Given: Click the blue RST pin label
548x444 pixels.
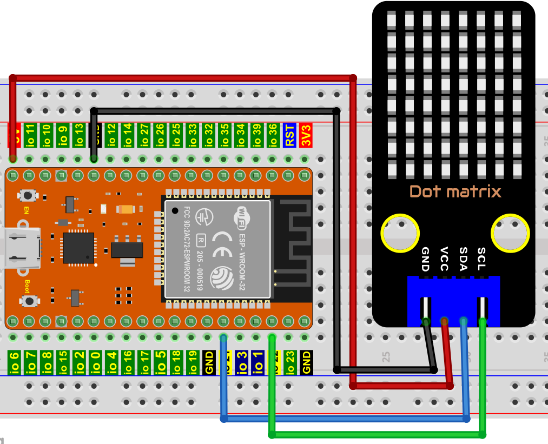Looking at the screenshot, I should pyautogui.click(x=290, y=135).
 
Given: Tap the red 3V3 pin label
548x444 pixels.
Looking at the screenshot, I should pyautogui.click(x=306, y=135).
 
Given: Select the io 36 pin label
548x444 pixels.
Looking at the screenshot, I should pyautogui.click(x=274, y=135).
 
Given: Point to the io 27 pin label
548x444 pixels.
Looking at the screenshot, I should pyautogui.click(x=144, y=135).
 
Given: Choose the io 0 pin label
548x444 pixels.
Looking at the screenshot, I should pyautogui.click(x=95, y=362).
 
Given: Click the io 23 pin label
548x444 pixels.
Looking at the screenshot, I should pyautogui.click(x=290, y=362).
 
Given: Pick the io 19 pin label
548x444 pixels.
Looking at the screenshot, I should pyautogui.click(x=193, y=362).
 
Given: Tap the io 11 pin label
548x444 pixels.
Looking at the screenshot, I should pyautogui.click(x=30, y=135).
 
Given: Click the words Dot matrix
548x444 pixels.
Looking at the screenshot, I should pyautogui.click(x=455, y=191).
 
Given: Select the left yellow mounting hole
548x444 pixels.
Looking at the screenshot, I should pyautogui.click(x=400, y=233).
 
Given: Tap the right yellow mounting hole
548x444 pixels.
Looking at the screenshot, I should pyautogui.click(x=510, y=233).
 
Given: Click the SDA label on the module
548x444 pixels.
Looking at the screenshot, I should pyautogui.click(x=463, y=259).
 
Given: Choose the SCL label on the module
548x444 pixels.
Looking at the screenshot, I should pyautogui.click(x=481, y=259).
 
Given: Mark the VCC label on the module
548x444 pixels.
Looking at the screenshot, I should pyautogui.click(x=445, y=259).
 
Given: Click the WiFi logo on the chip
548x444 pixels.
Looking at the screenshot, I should pyautogui.click(x=241, y=216).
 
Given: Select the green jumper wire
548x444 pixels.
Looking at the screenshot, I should pyautogui.click(x=379, y=434).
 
